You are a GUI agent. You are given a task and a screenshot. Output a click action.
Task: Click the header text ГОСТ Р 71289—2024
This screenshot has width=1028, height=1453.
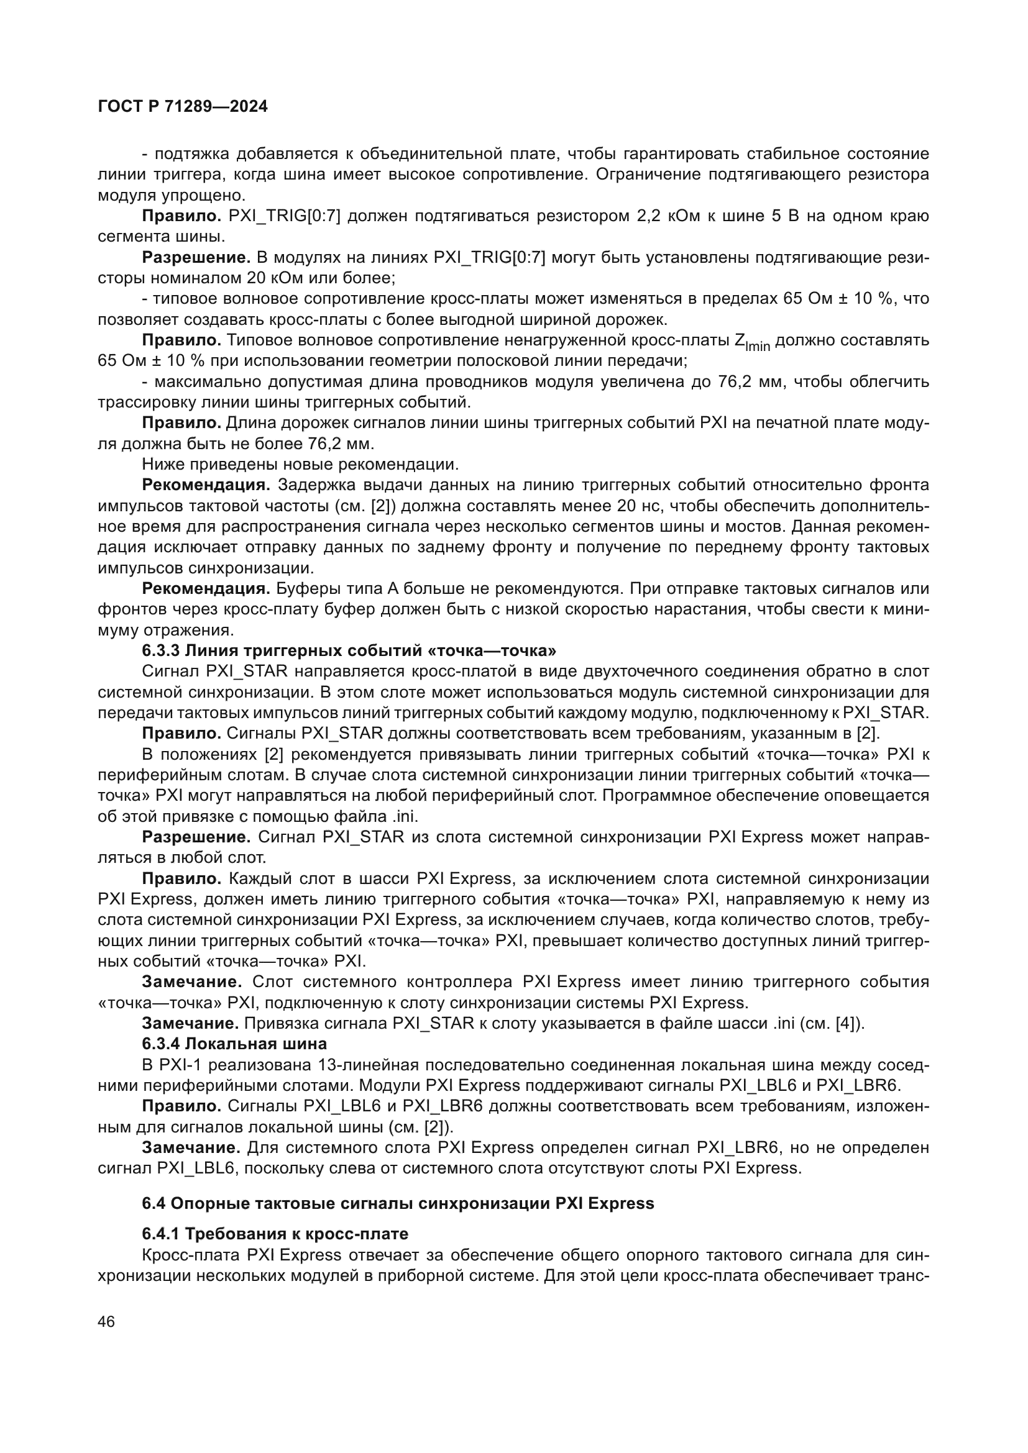pyautogui.click(x=183, y=106)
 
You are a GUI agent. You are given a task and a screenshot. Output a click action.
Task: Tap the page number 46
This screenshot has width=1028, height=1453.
pyautogui.click(x=106, y=1322)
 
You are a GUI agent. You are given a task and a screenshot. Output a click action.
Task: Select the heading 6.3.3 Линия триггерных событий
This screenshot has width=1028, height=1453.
pyautogui.click(x=349, y=650)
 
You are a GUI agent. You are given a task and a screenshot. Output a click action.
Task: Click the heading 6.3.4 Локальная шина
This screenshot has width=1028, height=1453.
pyautogui.click(x=234, y=1044)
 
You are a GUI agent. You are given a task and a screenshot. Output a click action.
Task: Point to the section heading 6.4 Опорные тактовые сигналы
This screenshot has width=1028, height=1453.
pyautogui.click(x=398, y=1203)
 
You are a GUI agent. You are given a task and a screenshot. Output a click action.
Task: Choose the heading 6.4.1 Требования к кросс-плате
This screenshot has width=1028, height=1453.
pyautogui.click(x=275, y=1234)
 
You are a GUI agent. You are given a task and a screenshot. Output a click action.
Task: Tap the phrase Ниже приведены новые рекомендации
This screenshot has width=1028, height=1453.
pyautogui.click(x=300, y=465)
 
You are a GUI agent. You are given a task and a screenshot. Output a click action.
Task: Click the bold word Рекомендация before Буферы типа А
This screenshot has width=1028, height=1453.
pyautogui.click(x=206, y=588)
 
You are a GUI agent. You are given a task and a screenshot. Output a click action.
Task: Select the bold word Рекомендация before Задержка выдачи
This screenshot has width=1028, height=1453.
pyautogui.click(x=206, y=485)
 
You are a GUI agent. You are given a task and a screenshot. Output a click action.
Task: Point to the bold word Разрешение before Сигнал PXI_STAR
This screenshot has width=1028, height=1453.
pyautogui.click(x=196, y=837)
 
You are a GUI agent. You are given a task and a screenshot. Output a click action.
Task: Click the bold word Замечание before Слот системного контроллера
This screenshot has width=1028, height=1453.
pyautogui.click(x=192, y=982)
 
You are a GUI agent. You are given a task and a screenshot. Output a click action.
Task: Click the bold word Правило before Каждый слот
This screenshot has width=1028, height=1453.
pyautogui.click(x=181, y=878)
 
